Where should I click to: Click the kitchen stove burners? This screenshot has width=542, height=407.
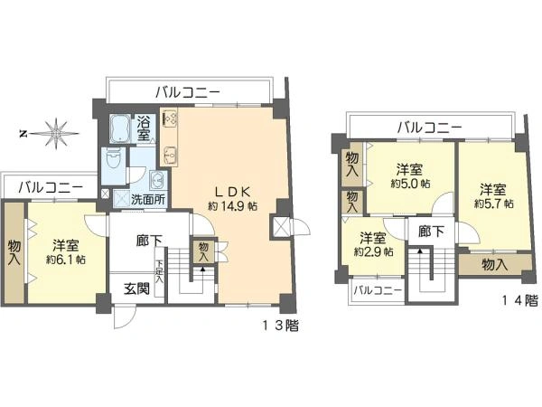click(171, 118)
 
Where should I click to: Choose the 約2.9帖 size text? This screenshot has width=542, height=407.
click(373, 251)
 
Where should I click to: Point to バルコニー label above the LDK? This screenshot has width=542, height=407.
click(187, 91)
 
